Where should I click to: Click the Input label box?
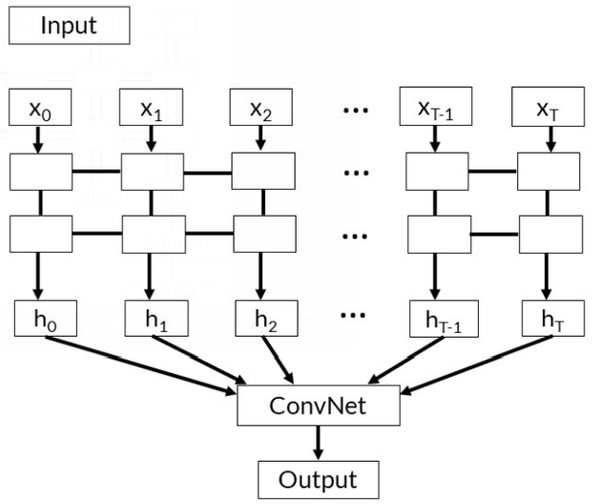point(69,25)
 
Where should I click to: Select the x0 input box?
point(40,108)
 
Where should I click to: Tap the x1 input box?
point(151,108)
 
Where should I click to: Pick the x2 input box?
point(261,108)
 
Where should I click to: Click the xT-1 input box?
point(436,108)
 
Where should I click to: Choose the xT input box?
point(547,108)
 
